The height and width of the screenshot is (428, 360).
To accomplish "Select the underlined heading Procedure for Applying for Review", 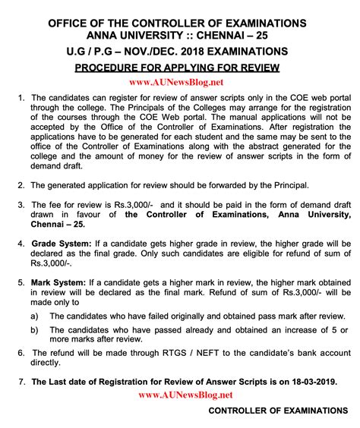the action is (180, 68).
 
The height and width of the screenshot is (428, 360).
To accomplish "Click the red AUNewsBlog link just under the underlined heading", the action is (180, 82).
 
